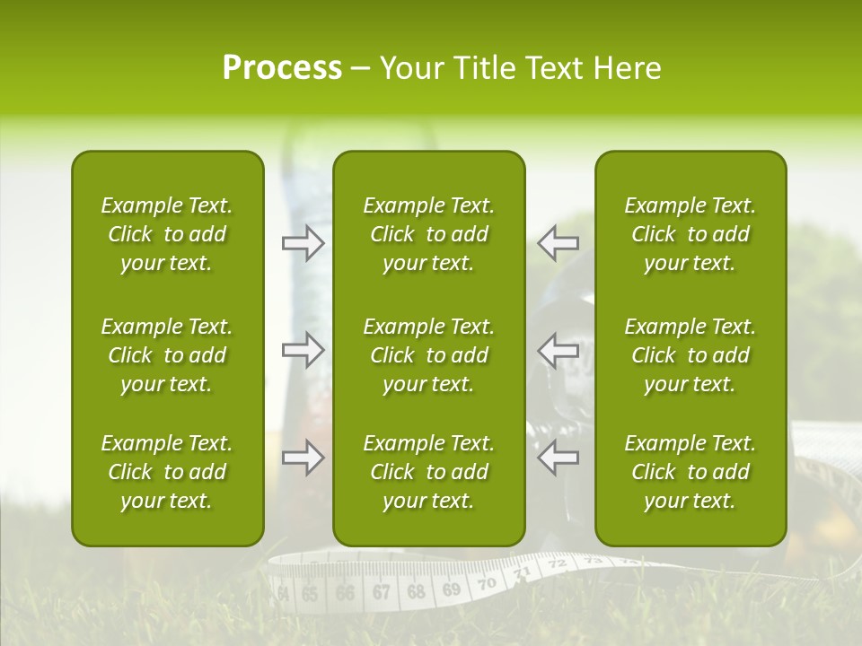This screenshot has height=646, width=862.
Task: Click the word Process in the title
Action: pos(282,68)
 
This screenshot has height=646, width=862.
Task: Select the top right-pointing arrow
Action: pos(303,243)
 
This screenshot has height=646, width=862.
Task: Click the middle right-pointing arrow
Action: pos(303,350)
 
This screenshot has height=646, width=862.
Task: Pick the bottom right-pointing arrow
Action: pos(303,457)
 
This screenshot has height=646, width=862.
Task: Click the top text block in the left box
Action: pos(167,234)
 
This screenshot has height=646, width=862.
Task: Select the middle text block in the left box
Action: pos(167,355)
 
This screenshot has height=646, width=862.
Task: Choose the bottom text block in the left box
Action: pos(167,472)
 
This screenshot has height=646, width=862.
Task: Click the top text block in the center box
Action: pos(428,234)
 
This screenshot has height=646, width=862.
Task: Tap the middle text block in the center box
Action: pos(428,355)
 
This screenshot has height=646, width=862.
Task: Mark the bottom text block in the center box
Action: pos(428,472)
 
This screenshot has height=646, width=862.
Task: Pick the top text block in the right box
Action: pos(690,234)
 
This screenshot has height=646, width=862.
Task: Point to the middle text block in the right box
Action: pos(690,355)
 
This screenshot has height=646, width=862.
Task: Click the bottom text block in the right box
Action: pos(690,472)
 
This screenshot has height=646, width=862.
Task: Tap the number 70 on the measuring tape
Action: pos(487,583)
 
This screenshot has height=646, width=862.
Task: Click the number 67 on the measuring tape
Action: pos(381,592)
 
